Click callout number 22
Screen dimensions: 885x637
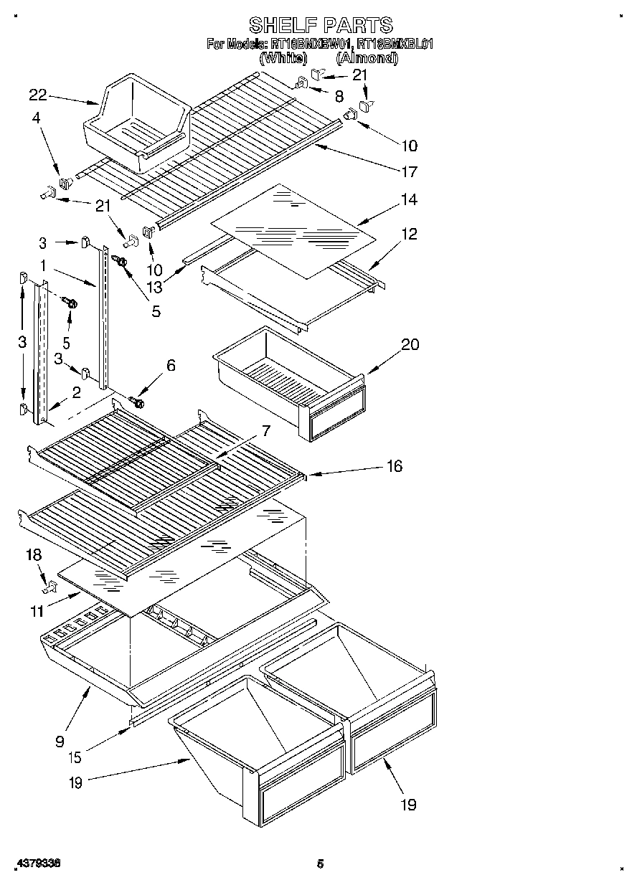click(37, 94)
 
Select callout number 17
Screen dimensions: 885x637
click(409, 172)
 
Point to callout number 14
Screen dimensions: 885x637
click(409, 200)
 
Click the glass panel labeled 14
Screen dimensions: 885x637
click(294, 229)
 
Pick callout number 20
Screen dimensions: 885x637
click(410, 344)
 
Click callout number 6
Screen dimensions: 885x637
click(170, 365)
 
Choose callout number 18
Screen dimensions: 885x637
click(34, 554)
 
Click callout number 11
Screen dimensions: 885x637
click(36, 612)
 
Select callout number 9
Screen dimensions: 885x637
click(60, 741)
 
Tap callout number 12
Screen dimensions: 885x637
click(409, 234)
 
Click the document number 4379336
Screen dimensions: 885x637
click(36, 864)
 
